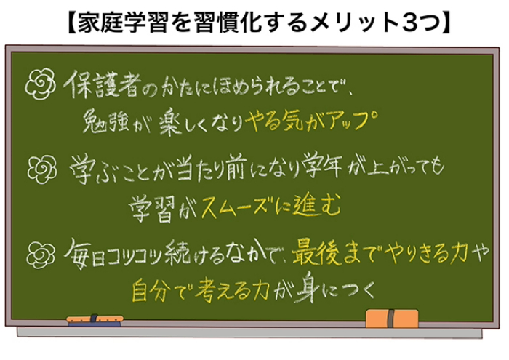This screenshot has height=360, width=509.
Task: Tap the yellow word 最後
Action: click(x=313, y=254)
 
